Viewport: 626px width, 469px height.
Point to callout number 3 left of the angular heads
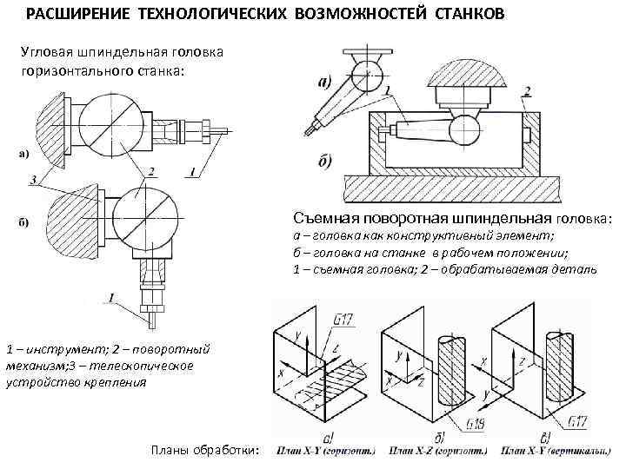(x=33, y=179)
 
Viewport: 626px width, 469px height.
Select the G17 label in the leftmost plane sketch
(x=343, y=320)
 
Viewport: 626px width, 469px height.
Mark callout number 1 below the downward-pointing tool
(x=112, y=297)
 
